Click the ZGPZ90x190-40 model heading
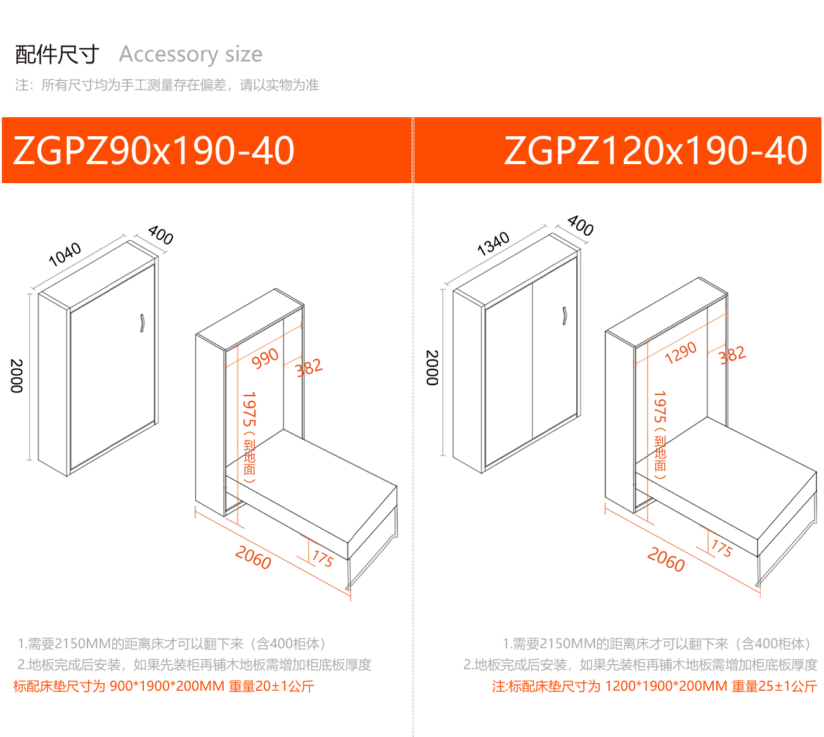click(x=153, y=151)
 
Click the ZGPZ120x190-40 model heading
click(x=655, y=151)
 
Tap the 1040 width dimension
click(x=65, y=254)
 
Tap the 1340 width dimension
click(x=493, y=244)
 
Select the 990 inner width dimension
click(x=265, y=358)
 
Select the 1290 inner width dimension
click(x=680, y=353)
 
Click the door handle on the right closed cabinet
click(x=564, y=316)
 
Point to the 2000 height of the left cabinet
click(x=16, y=376)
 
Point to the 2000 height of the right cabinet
click(x=432, y=368)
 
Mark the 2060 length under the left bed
click(x=253, y=558)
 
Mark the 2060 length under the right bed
click(x=666, y=560)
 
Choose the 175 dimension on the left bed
click(x=323, y=558)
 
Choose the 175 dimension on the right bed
click(x=721, y=548)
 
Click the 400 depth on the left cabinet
click(x=160, y=235)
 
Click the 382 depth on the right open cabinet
click(x=733, y=355)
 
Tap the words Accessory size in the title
click(x=190, y=54)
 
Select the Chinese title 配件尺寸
click(x=57, y=54)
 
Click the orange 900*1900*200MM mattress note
click(x=164, y=686)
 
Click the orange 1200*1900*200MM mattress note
click(x=654, y=686)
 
